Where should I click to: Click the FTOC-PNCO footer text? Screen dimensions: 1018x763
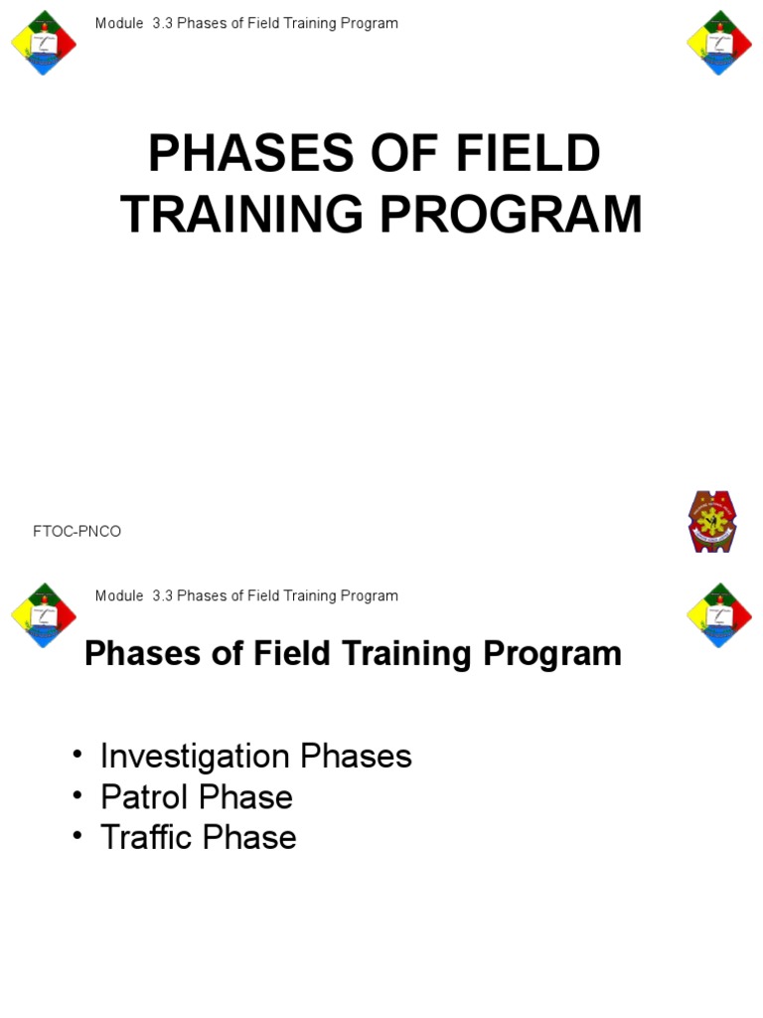point(77,532)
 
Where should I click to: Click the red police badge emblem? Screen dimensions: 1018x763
point(712,521)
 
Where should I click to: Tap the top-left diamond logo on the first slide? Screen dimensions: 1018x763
point(43,43)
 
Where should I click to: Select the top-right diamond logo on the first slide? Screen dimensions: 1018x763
point(719,43)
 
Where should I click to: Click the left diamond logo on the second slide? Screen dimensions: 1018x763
point(43,614)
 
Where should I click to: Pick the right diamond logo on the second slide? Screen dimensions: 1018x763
point(719,614)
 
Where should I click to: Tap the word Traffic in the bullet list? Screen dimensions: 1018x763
point(146,837)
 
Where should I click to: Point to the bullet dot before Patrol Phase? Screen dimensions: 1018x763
point(77,796)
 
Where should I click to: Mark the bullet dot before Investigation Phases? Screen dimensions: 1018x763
point(77,756)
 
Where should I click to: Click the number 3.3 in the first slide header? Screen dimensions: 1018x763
point(163,23)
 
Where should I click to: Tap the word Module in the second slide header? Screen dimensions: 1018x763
point(117,595)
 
